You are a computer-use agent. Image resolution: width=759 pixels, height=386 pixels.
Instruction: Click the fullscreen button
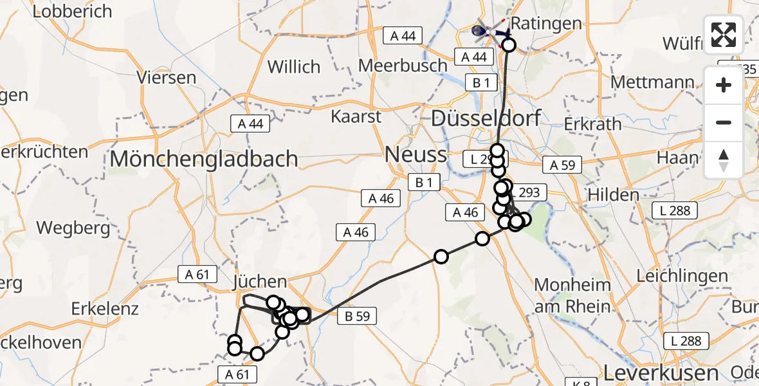click(x=724, y=35)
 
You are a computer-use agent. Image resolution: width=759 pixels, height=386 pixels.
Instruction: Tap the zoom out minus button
click(x=724, y=122)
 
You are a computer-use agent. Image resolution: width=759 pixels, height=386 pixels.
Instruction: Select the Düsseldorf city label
click(x=486, y=118)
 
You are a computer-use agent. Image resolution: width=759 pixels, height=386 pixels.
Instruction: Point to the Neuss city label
click(x=416, y=154)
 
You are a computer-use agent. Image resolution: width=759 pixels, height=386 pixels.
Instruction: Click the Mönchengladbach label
click(x=205, y=159)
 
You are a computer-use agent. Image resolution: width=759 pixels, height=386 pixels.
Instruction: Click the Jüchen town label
click(x=260, y=281)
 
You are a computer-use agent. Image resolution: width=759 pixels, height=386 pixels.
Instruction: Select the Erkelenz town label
click(x=105, y=308)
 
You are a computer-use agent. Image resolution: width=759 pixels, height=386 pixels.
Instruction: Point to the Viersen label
click(x=166, y=78)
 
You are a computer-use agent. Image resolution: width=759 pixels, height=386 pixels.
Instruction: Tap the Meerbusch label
click(x=403, y=66)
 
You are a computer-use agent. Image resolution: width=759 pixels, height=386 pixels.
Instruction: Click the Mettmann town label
click(x=652, y=82)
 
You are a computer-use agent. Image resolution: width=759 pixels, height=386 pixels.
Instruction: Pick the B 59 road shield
click(x=356, y=316)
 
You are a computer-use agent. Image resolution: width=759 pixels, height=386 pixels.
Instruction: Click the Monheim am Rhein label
click(x=572, y=295)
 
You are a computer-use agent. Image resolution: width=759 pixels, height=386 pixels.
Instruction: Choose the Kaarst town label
click(x=356, y=116)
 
